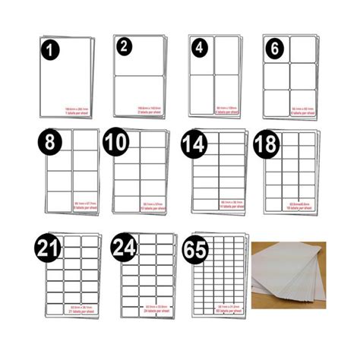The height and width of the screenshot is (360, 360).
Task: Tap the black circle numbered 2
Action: [124, 46]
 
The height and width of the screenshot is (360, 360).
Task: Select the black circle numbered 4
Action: [199, 46]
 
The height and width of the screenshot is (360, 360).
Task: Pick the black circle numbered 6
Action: [274, 46]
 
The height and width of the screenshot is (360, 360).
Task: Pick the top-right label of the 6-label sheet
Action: [302, 49]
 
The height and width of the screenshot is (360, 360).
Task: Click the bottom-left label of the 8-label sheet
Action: [60, 201]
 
